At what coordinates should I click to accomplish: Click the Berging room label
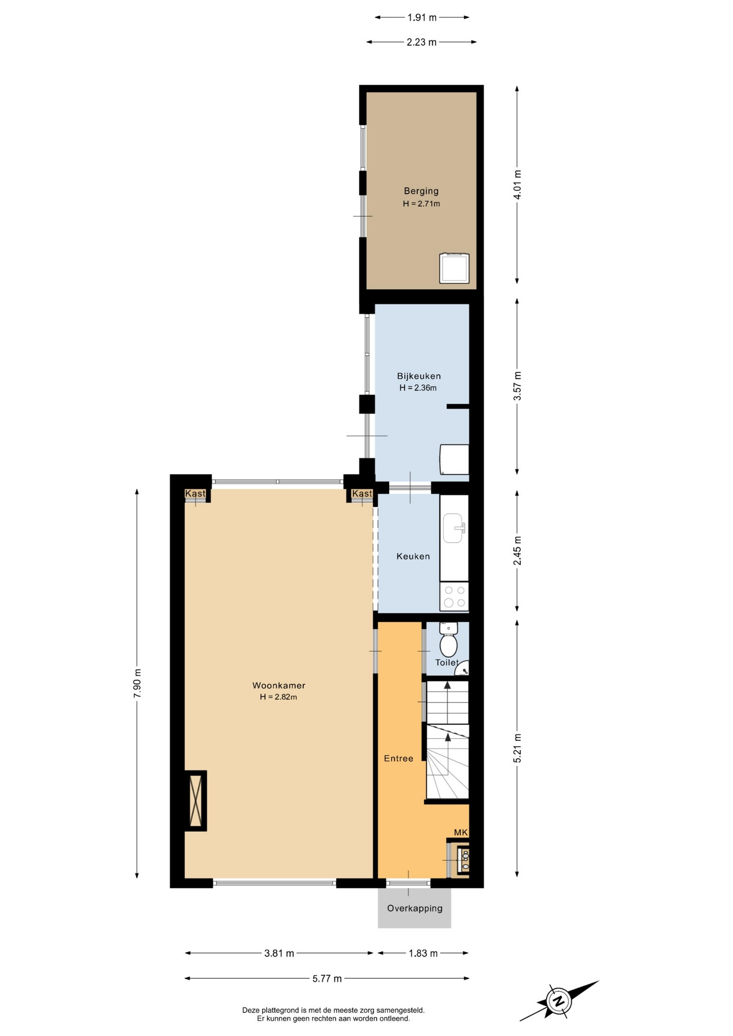click(x=421, y=191)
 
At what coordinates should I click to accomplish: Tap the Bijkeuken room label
click(x=419, y=376)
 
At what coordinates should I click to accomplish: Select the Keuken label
click(x=413, y=556)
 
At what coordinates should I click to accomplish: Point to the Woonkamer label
click(x=279, y=686)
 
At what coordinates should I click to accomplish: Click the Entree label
click(x=398, y=759)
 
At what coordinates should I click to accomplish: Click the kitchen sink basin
click(x=454, y=528)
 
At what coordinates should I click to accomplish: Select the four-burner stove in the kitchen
click(x=454, y=596)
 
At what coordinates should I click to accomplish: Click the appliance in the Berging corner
click(x=454, y=268)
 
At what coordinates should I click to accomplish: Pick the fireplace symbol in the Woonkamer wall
click(x=196, y=801)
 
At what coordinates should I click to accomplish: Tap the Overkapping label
click(x=415, y=908)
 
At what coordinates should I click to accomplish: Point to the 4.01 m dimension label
click(x=518, y=185)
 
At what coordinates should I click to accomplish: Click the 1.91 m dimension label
click(x=422, y=17)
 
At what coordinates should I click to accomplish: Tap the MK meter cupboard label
click(x=461, y=833)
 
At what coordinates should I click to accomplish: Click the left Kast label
click(x=195, y=494)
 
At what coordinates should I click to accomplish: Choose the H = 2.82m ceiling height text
click(x=279, y=697)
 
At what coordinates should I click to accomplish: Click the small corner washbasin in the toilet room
click(x=463, y=670)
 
